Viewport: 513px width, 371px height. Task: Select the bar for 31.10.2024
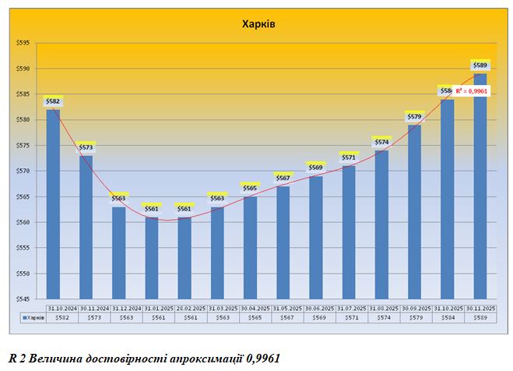(x=53, y=203)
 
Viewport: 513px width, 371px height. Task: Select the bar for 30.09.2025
(x=414, y=211)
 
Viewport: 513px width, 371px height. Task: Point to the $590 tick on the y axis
(x=23, y=69)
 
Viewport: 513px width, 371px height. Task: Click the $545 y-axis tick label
(x=23, y=299)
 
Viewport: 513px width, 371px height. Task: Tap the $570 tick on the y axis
(x=23, y=171)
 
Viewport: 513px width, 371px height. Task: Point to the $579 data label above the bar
(x=414, y=116)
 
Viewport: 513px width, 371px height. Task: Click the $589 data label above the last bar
(x=480, y=65)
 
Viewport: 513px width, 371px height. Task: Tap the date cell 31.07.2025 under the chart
(x=349, y=307)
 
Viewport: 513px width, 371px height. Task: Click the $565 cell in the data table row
(x=250, y=318)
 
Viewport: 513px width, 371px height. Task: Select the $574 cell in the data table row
(x=381, y=318)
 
